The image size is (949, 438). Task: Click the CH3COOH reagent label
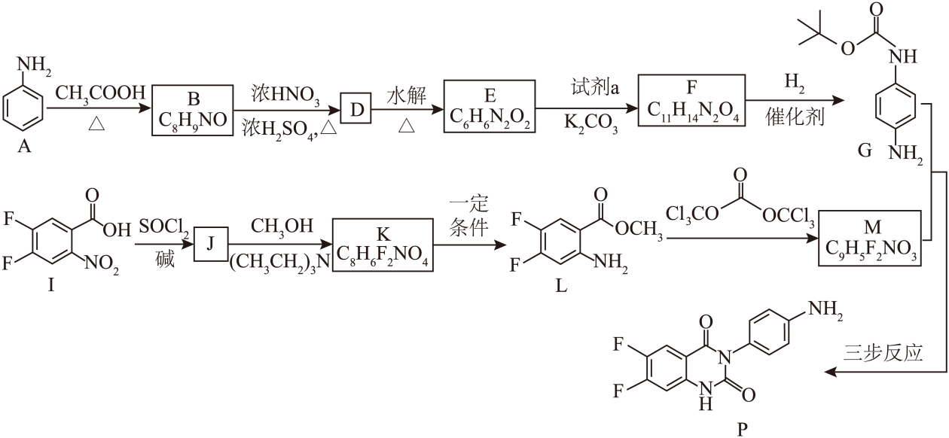(x=100, y=94)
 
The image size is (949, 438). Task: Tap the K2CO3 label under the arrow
(x=590, y=124)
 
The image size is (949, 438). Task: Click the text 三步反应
(x=883, y=353)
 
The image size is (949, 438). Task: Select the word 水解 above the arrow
(x=406, y=96)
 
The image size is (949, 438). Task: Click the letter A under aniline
(x=24, y=147)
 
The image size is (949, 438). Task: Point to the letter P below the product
(x=743, y=430)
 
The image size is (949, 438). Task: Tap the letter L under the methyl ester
(x=561, y=287)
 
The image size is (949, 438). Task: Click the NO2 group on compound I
(x=102, y=264)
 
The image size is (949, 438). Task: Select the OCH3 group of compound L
(x=639, y=230)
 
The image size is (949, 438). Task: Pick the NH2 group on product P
(x=825, y=310)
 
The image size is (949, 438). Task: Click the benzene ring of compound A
(x=23, y=109)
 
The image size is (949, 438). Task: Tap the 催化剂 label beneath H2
(x=795, y=117)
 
